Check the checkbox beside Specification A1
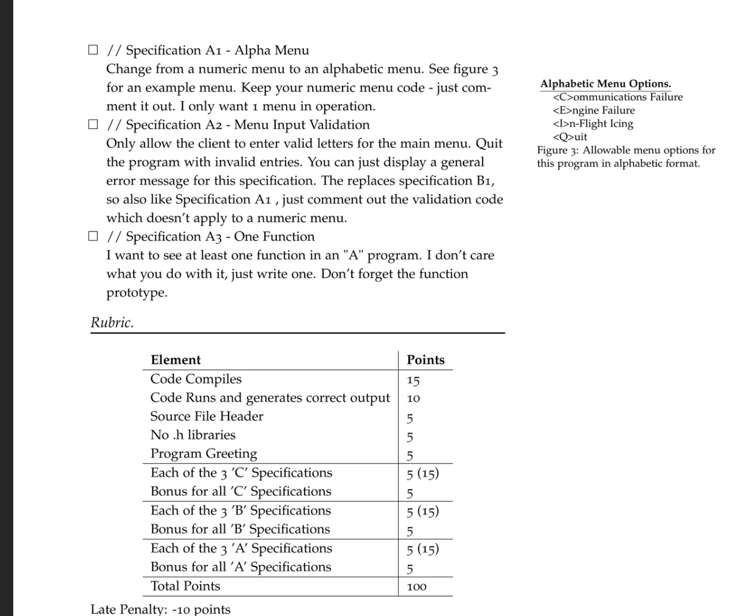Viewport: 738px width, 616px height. pyautogui.click(x=93, y=50)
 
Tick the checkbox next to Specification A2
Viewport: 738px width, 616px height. pyautogui.click(x=93, y=124)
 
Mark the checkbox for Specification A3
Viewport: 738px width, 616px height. pyautogui.click(x=93, y=236)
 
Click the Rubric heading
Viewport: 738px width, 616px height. pyautogui.click(x=112, y=323)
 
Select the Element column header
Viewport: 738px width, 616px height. pyautogui.click(x=176, y=360)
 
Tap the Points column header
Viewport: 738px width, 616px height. pyautogui.click(x=425, y=360)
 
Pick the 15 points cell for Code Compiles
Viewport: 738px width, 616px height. pyautogui.click(x=413, y=380)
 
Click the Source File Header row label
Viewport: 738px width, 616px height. pyautogui.click(x=207, y=417)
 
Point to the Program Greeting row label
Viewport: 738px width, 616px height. pyautogui.click(x=204, y=454)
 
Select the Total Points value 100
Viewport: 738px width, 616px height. pyautogui.click(x=416, y=587)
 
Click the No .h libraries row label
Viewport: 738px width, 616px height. pyautogui.click(x=193, y=435)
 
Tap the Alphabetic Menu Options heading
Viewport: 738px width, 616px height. pyautogui.click(x=606, y=84)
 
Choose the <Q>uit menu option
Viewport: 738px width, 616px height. pyautogui.click(x=570, y=137)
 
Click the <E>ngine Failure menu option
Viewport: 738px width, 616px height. pyautogui.click(x=594, y=111)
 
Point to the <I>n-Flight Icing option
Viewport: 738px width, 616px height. pyautogui.click(x=593, y=124)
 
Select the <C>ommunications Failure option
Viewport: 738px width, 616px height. pyautogui.click(x=617, y=97)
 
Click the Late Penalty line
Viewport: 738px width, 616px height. pyautogui.click(x=161, y=609)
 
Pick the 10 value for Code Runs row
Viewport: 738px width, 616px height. pyautogui.click(x=413, y=399)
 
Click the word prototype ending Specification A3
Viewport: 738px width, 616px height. pyautogui.click(x=137, y=293)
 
